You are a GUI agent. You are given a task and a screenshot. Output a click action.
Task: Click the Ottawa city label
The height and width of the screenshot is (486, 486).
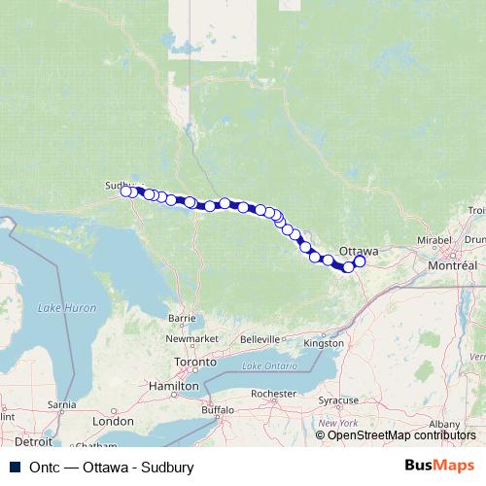pos(358,250)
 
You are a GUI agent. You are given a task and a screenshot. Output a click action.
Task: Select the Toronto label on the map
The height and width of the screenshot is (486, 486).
pos(195,362)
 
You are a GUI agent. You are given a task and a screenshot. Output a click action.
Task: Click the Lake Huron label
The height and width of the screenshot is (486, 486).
pos(67,307)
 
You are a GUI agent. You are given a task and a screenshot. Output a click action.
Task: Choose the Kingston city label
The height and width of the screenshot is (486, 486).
pos(324,343)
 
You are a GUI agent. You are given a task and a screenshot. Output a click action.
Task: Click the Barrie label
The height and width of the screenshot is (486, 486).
pos(183,318)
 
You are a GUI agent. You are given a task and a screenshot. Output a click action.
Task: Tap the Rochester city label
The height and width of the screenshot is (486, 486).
pos(271,393)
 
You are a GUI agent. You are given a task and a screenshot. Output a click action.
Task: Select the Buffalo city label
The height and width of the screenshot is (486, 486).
pos(220,411)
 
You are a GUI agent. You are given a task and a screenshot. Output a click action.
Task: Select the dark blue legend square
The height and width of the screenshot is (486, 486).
pos(11,467)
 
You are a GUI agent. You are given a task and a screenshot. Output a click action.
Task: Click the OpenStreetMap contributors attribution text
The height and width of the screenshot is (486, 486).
pos(401,435)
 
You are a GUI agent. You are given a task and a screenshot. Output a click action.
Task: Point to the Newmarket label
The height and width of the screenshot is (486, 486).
pos(191,337)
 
